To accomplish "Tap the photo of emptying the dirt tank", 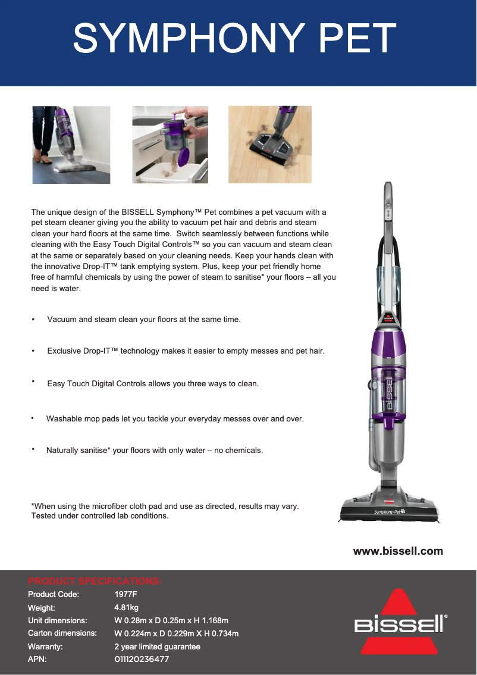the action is [x=170, y=145].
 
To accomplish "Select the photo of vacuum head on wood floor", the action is [x=269, y=145].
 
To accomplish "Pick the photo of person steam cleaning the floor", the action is [x=71, y=145].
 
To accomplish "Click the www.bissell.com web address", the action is [x=398, y=551].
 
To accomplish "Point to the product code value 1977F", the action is [x=125, y=594].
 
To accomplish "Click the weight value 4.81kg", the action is [x=127, y=607].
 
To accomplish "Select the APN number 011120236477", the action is [x=142, y=659].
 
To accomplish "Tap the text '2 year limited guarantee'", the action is [x=158, y=646].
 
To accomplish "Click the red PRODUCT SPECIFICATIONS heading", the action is [x=95, y=581].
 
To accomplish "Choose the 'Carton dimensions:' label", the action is [x=62, y=633].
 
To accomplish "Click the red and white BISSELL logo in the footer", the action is [x=400, y=621].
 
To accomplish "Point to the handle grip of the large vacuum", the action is [x=388, y=202].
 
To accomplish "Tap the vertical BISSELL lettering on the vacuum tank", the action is [x=389, y=393].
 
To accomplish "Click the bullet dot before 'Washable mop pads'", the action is [x=33, y=418].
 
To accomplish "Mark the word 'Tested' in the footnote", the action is [x=43, y=515].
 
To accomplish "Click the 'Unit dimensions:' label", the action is [x=58, y=620].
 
